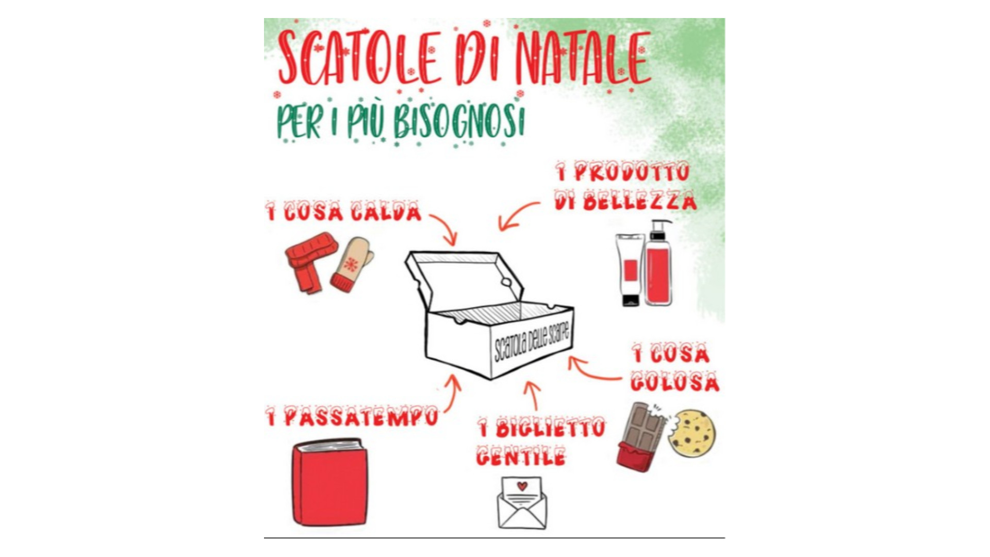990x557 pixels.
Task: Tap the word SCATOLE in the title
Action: point(360,58)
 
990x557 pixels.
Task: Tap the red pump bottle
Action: point(658,263)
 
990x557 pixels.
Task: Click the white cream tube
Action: point(630,270)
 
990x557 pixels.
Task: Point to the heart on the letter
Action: point(522,486)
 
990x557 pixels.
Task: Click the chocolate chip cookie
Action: point(692,433)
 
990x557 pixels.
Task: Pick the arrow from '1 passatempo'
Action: point(455,395)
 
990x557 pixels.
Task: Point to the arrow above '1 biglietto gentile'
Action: point(534,395)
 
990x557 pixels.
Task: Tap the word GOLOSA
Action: point(674,382)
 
